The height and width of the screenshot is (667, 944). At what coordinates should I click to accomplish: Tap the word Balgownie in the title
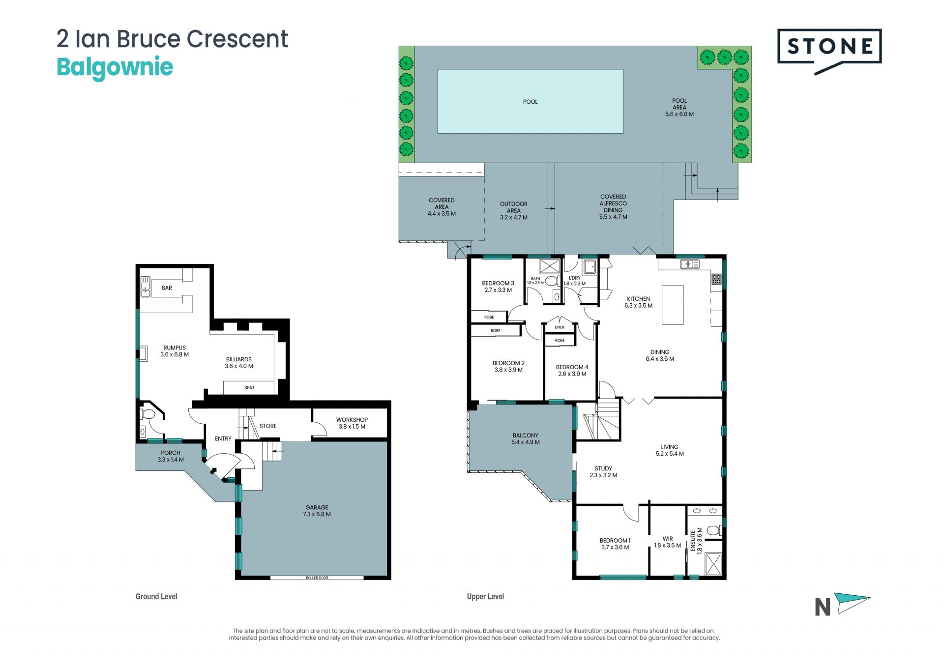115,67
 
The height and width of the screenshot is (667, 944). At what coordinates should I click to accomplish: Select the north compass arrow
854,603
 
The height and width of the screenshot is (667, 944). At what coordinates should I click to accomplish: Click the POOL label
530,102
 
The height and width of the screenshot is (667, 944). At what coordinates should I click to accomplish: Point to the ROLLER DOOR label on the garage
317,578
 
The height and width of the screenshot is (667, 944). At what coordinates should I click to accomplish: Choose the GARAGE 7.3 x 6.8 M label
317,511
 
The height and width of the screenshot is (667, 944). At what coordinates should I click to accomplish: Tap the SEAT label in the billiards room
250,388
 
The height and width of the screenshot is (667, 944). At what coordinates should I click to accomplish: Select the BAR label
167,288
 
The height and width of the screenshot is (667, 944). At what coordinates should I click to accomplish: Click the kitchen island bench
673,305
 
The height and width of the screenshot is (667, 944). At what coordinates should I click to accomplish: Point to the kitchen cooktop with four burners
716,279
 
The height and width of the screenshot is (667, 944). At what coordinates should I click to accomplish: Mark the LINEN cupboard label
560,327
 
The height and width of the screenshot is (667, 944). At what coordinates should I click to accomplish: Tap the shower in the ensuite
713,564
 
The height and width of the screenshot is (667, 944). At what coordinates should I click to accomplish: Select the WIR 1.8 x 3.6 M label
668,542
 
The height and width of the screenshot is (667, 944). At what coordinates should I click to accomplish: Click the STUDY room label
603,472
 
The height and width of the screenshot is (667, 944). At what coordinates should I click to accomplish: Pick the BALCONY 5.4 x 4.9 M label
526,439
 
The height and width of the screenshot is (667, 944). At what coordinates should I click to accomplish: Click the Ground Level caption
156,597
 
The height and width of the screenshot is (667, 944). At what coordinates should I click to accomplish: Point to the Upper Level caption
485,597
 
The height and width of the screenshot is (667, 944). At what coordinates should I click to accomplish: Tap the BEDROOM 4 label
572,371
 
